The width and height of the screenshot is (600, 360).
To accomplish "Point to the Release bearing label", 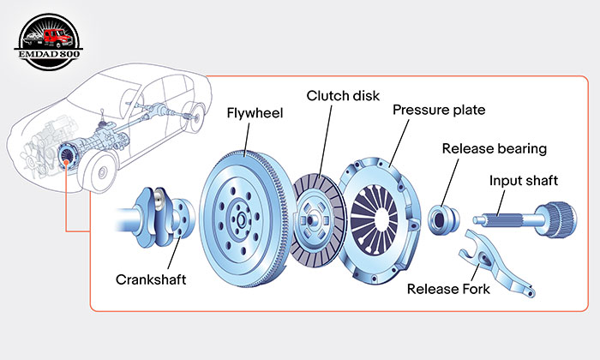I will [494, 148].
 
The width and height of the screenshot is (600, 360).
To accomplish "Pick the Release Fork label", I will [449, 289].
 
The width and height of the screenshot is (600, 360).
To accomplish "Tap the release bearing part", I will [443, 219].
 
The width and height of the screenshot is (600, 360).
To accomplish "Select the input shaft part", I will [532, 214].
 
